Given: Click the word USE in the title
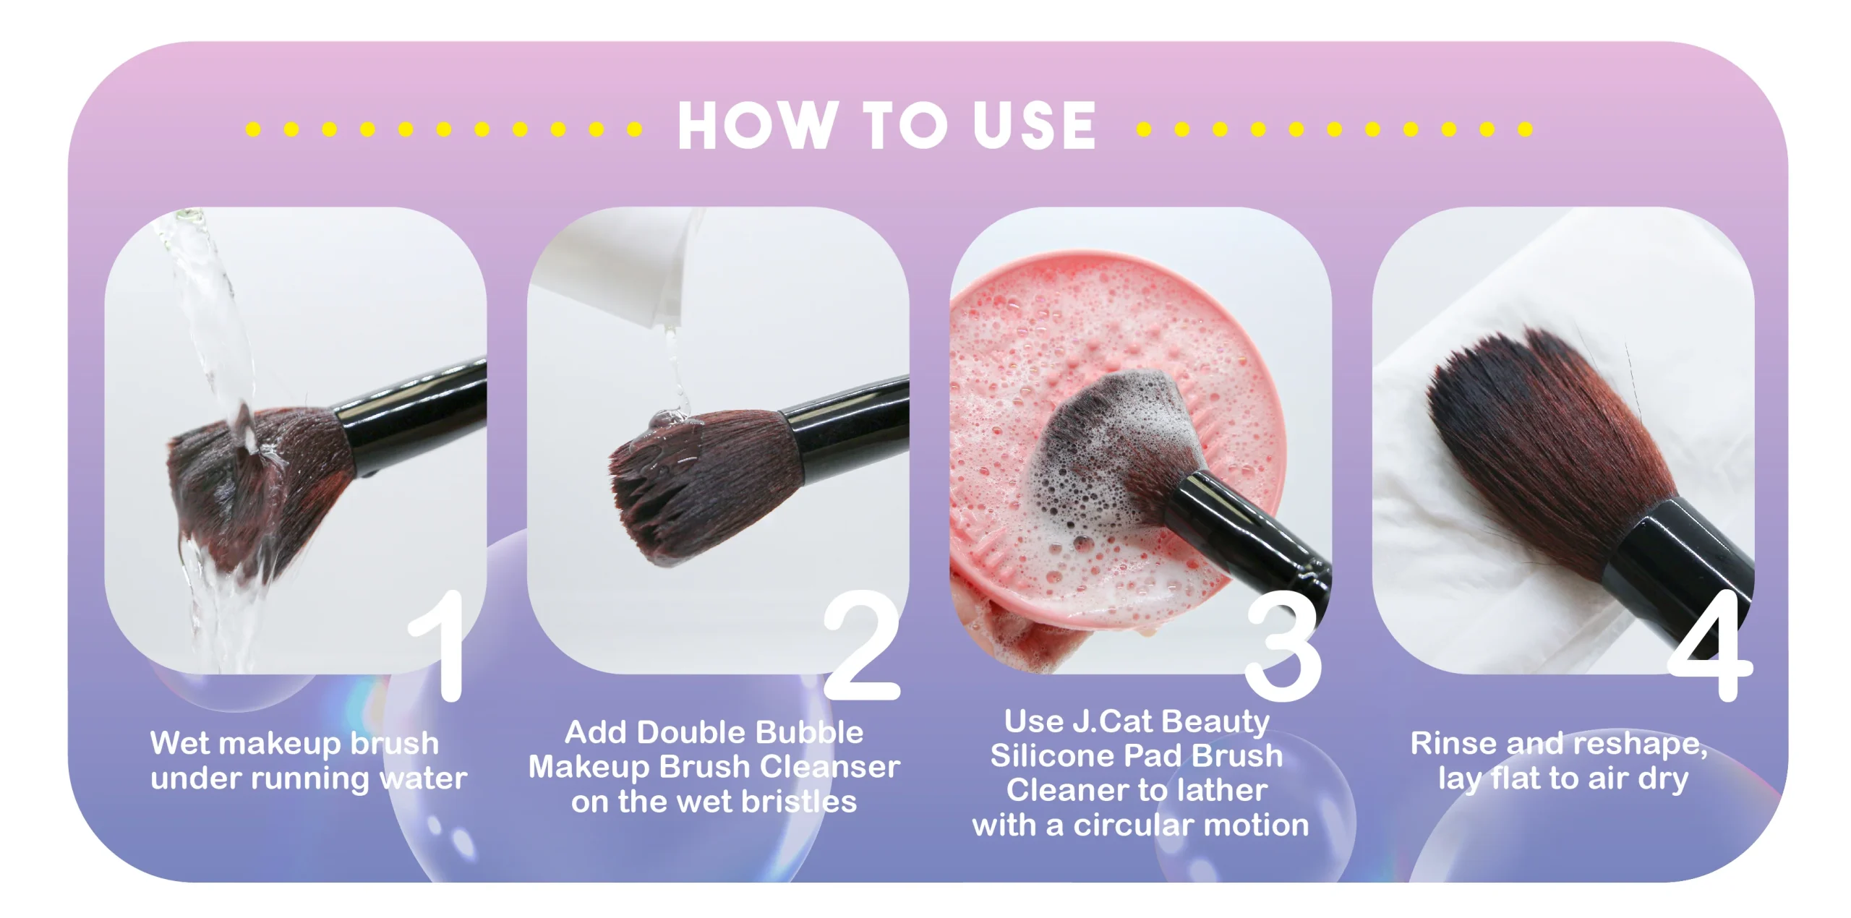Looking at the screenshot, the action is [x=1035, y=126].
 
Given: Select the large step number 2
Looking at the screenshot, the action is [x=862, y=645].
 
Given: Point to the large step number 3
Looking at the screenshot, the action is [x=1283, y=646].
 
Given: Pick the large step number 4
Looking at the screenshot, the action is [x=1711, y=645].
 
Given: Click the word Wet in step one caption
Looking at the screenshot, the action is [x=181, y=743].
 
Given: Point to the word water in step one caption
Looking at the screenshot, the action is [x=423, y=778].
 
